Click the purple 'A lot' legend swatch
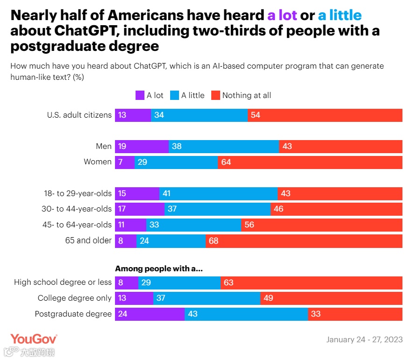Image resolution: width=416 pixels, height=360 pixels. [140, 95]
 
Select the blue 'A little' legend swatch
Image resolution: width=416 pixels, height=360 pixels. [174, 95]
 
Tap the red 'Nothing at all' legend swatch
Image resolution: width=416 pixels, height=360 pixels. [215, 95]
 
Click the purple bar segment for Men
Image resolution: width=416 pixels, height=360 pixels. [142, 147]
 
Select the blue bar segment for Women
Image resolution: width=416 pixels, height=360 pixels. [176, 162]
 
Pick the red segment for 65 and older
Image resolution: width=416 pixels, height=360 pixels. [304, 241]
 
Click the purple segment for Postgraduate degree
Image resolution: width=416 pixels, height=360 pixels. [150, 314]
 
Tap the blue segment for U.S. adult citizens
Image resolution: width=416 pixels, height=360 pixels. [199, 115]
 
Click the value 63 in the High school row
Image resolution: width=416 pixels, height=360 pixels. [229, 282]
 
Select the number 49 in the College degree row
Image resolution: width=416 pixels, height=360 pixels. [268, 298]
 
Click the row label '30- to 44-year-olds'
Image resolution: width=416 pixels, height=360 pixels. [77, 209]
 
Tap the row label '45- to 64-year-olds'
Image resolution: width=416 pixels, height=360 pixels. [77, 225]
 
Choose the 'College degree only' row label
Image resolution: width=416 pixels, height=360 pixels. [75, 298]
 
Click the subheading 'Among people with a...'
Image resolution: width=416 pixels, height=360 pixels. [159, 268]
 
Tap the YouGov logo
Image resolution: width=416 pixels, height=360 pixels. [34, 339]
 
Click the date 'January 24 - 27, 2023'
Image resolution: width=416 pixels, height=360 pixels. [364, 339]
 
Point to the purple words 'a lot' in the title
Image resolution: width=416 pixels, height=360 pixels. [282, 15]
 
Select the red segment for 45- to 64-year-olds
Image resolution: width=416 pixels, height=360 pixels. [322, 225]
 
